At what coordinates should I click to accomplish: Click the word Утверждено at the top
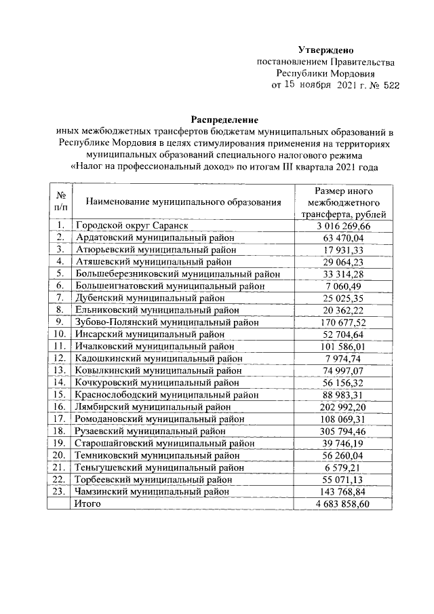tap(325, 51)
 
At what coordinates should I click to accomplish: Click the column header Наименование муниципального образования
tap(183, 202)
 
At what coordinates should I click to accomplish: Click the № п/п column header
tap(60, 202)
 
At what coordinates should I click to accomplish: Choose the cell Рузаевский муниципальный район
tap(150, 430)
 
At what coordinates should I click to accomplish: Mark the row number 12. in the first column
tap(60, 358)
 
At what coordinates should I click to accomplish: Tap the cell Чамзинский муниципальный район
tap(152, 491)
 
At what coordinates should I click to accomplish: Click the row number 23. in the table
tap(60, 491)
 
